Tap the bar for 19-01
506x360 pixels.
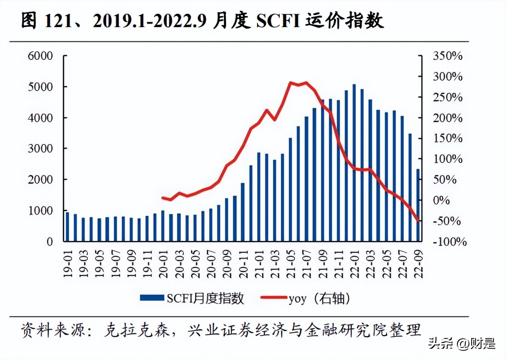pos(67,227)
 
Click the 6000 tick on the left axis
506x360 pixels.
pos(40,56)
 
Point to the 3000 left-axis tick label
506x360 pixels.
pos(40,148)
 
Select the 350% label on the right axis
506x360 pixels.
pos(448,56)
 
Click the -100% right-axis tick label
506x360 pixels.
pos(449,242)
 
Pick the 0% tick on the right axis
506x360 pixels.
pos(442,200)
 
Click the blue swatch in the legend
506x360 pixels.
pos(152,298)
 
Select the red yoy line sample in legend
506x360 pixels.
pos(273,298)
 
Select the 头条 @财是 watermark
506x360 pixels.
pos(462,343)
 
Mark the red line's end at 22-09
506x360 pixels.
pos(418,220)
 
